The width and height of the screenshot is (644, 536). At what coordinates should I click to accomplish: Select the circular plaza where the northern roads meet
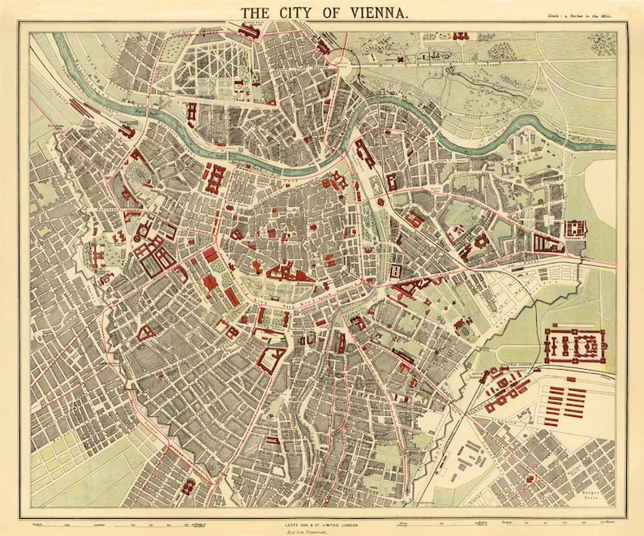point(342,62)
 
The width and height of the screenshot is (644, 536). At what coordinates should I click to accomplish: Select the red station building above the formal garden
point(249,31)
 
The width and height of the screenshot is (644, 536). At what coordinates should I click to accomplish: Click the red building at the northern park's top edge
point(461,36)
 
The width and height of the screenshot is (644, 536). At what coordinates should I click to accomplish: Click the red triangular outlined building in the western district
point(147,332)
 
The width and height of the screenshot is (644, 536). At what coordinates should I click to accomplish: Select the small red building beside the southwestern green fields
point(188,486)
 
